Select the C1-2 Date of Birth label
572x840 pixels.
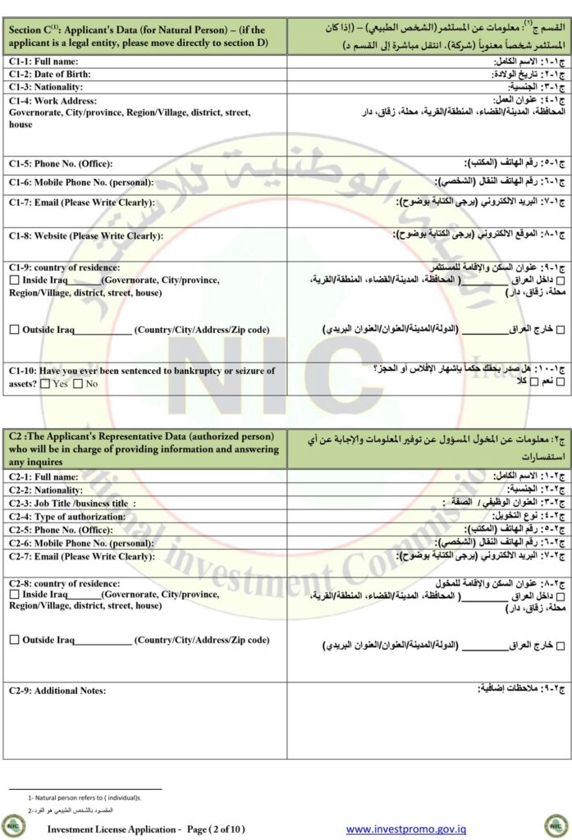(51, 74)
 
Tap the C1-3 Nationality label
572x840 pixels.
(46, 86)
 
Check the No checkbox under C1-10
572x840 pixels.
(77, 383)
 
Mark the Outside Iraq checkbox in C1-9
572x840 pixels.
(14, 330)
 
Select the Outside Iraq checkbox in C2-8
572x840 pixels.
(14, 640)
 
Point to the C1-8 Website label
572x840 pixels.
(85, 235)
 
